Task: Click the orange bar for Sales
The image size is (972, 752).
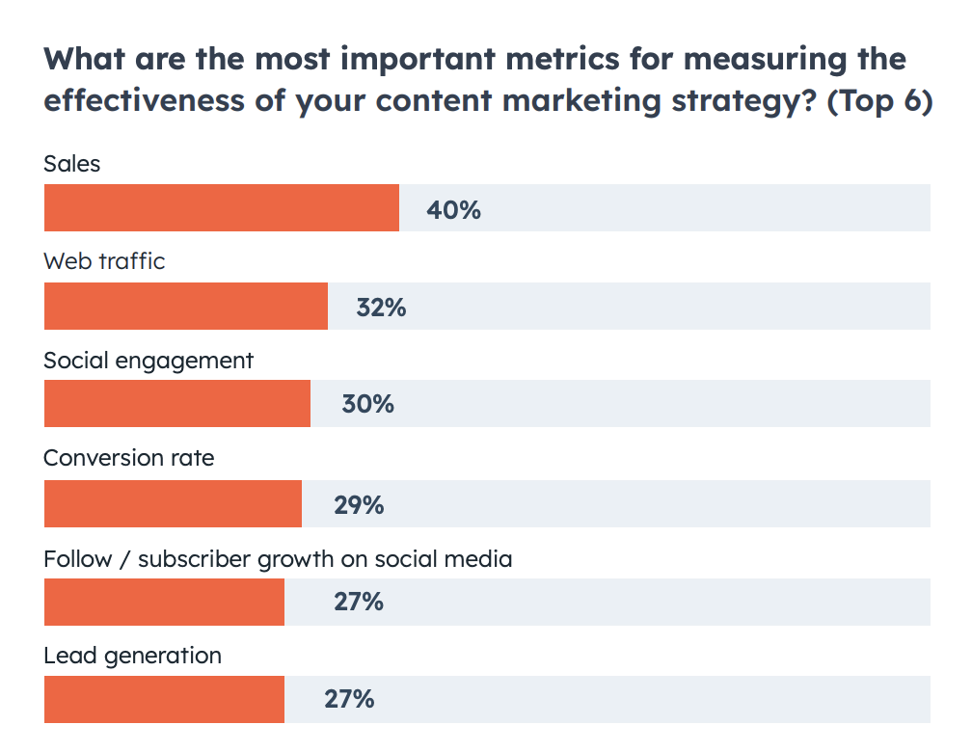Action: [x=221, y=208]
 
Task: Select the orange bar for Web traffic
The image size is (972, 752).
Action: [x=185, y=307]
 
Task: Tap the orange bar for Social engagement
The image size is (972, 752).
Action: [x=176, y=404]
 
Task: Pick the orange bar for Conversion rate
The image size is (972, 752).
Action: [x=173, y=504]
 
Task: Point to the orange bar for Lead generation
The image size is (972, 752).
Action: [x=164, y=699]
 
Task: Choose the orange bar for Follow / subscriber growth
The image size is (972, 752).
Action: [x=164, y=602]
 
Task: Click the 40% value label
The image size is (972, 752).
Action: [x=453, y=209]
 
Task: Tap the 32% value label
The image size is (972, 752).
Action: [x=381, y=308]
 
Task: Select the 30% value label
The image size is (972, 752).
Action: [x=367, y=405]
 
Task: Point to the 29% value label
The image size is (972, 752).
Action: [x=359, y=505]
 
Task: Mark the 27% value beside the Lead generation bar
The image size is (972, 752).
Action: [x=349, y=699]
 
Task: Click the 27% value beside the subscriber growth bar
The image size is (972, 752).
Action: [x=359, y=603]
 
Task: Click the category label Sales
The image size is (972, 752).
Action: [x=72, y=164]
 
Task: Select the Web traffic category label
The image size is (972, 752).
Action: [x=104, y=261]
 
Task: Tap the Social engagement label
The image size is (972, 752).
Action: [x=148, y=361]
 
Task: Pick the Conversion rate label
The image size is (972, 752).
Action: [x=129, y=458]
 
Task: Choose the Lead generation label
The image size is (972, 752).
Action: [x=132, y=657]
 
